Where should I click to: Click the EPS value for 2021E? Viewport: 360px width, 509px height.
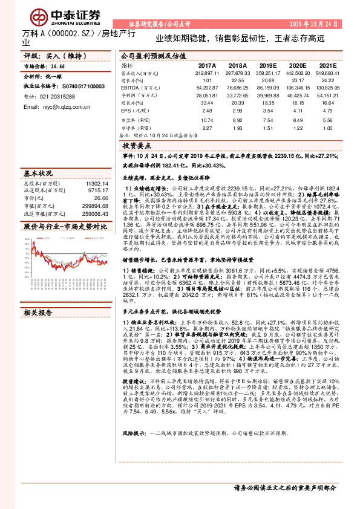pyautogui.click(x=327, y=111)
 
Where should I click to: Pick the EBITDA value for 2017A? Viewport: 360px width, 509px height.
pyautogui.click(x=207, y=88)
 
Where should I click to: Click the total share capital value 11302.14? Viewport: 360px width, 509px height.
pyautogui.click(x=97, y=182)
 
